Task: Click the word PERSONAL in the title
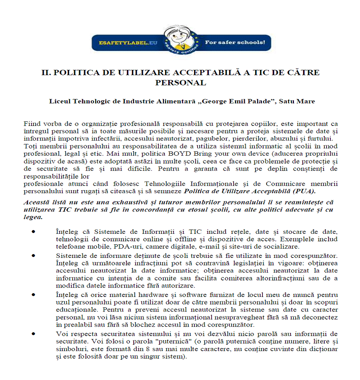(x=181, y=83)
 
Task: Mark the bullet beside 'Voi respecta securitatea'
(x=33, y=333)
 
